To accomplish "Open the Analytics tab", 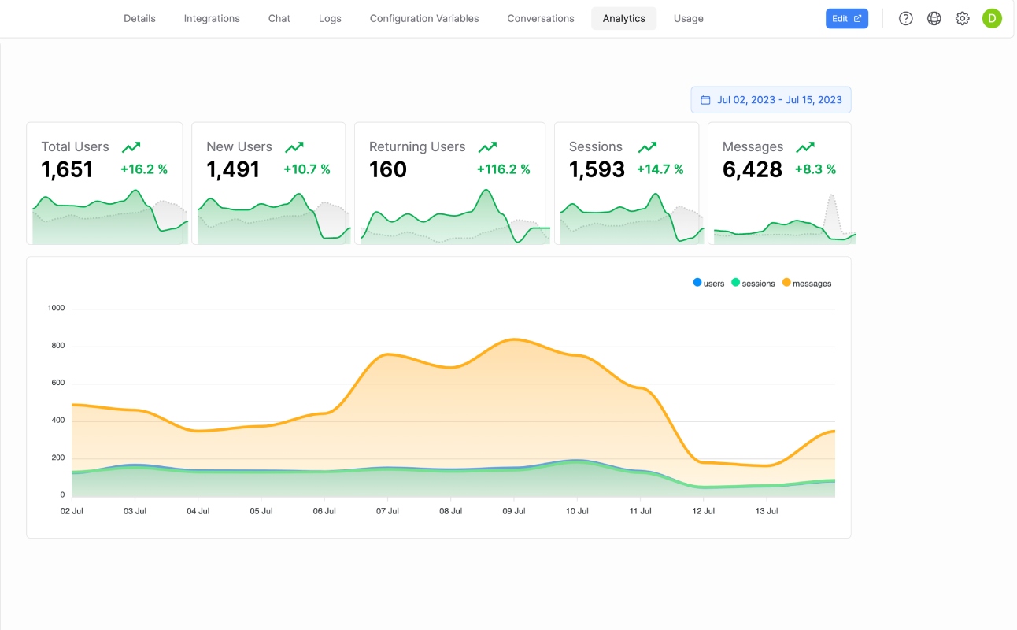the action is coord(623,19).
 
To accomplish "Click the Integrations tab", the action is coord(212,19).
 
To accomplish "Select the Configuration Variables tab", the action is coord(424,19).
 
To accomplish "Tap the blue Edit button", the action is coord(847,19).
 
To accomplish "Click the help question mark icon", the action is coord(905,19).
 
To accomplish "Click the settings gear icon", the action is coord(962,19).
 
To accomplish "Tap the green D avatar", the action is coord(992,19).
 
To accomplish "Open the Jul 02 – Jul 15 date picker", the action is coord(771,100).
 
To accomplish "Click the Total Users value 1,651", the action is coord(67,170).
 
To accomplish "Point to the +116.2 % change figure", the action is coord(503,169).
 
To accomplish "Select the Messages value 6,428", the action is coord(753,170).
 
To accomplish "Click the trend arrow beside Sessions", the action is coord(647,146).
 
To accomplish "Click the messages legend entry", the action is coord(807,283).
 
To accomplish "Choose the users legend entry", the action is coord(708,283).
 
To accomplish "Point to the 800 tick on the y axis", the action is coord(58,346).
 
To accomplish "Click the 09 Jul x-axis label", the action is coord(513,511).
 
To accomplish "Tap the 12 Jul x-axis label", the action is coord(703,511).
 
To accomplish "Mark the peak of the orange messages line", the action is coord(514,339).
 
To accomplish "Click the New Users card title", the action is coord(239,146).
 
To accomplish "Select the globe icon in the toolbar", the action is coord(934,19).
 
